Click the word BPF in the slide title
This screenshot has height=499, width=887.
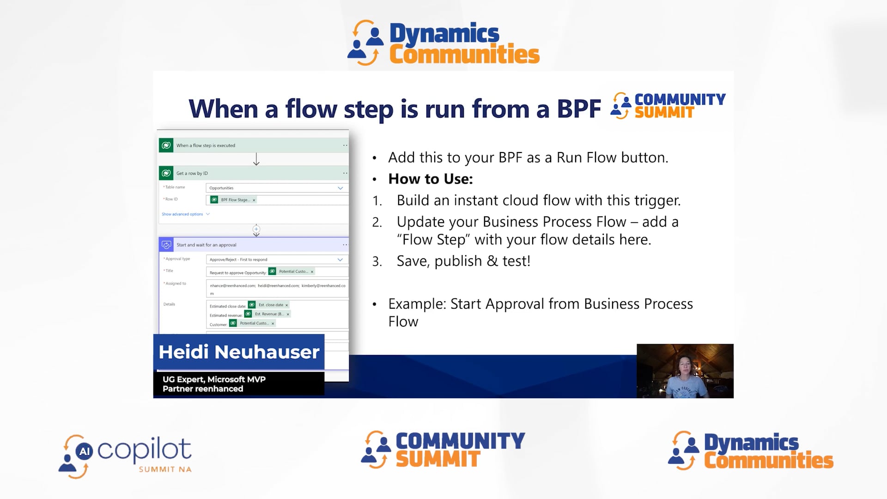(x=578, y=109)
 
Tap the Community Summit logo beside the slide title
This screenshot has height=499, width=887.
(x=668, y=106)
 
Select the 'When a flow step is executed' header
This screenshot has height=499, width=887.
(x=206, y=146)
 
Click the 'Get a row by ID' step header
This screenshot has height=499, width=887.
(x=192, y=173)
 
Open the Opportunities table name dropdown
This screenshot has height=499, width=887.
(x=276, y=188)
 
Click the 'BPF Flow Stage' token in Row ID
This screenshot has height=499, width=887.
(x=235, y=200)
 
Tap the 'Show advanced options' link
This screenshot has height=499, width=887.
(x=182, y=214)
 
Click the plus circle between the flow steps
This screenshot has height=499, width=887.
(x=256, y=229)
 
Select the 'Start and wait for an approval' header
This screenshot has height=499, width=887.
(x=206, y=245)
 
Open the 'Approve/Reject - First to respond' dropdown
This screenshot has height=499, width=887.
(x=276, y=260)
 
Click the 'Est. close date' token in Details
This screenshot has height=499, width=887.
(x=270, y=305)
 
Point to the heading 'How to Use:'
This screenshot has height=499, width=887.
(x=431, y=179)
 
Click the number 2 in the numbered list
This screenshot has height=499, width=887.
(x=377, y=222)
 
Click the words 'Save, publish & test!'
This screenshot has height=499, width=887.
(x=463, y=261)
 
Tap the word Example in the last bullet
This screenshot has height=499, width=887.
(x=417, y=304)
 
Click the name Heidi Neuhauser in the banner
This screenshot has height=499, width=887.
(x=239, y=352)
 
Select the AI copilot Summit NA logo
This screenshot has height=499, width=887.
(x=125, y=456)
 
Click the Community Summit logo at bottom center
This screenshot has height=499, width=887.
(x=443, y=450)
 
